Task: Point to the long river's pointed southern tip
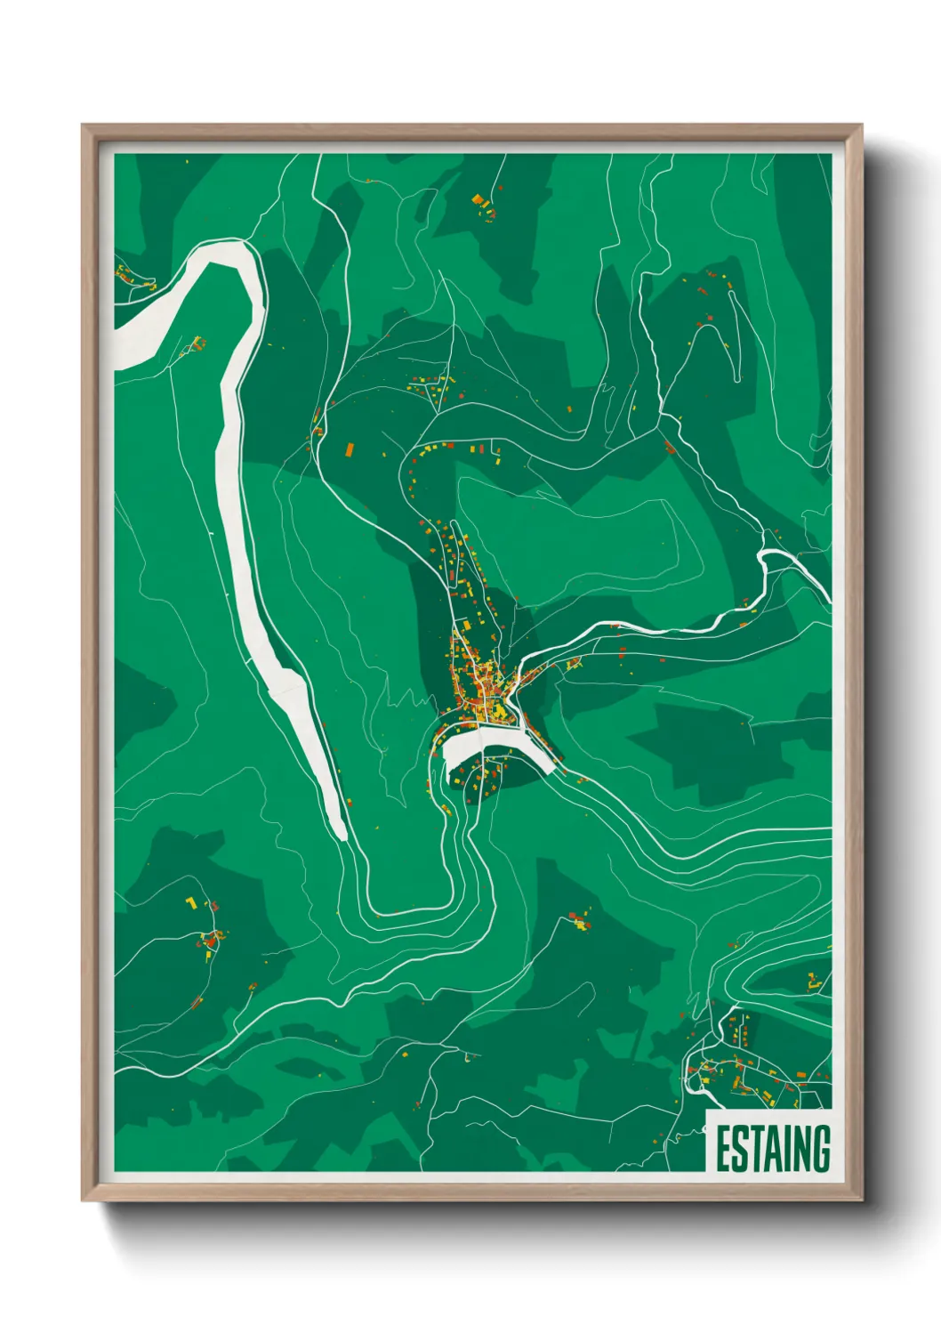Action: pyautogui.click(x=342, y=836)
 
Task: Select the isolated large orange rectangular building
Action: pyautogui.click(x=349, y=449)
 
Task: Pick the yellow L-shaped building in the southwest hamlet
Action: pyautogui.click(x=190, y=903)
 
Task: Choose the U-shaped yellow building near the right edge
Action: pyautogui.click(x=812, y=982)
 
